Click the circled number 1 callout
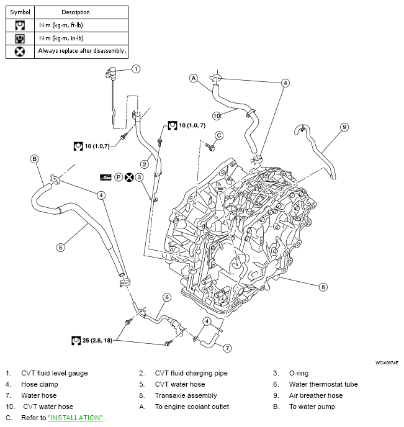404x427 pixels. coord(136,69)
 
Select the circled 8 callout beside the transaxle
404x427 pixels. coord(323,287)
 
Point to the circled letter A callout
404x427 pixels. coord(194,78)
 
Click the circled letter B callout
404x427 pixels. coord(35,159)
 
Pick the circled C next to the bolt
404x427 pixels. coord(218,135)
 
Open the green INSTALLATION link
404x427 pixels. coord(75,418)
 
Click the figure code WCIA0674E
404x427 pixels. coord(386,362)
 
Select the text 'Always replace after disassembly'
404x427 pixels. coord(82,51)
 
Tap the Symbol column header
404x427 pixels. coord(20,12)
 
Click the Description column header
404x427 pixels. coord(76,12)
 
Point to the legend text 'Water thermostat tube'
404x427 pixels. coord(323,384)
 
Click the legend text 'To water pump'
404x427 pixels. coord(312,407)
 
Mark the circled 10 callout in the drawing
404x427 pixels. coord(217,115)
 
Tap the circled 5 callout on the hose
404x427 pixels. coord(60,247)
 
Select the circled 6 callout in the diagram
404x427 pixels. coord(166,297)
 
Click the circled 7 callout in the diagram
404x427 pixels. coord(228,348)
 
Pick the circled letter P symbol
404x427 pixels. coord(118,177)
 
